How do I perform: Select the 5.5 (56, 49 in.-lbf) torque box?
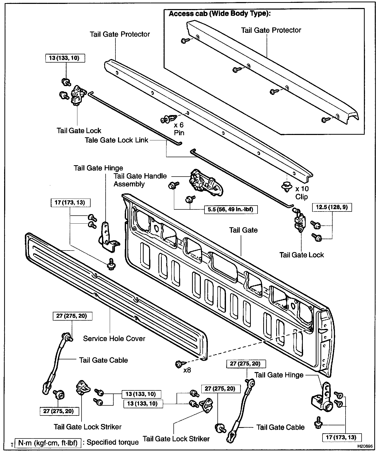[x=230, y=209]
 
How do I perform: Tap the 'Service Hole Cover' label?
[x=114, y=338]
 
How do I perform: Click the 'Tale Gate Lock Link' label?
[x=116, y=140]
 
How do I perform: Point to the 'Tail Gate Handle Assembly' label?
[x=140, y=180]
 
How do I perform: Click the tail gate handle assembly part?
[x=206, y=182]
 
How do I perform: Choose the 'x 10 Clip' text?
[x=302, y=193]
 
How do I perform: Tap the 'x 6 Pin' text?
[x=179, y=129]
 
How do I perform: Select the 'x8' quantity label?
[x=187, y=370]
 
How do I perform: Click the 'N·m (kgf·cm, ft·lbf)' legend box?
[x=48, y=443]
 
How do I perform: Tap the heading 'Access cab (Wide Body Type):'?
[x=219, y=13]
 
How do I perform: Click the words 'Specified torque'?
[x=113, y=442]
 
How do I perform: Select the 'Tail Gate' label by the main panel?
[x=243, y=230]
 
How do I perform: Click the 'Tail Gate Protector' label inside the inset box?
[x=271, y=30]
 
